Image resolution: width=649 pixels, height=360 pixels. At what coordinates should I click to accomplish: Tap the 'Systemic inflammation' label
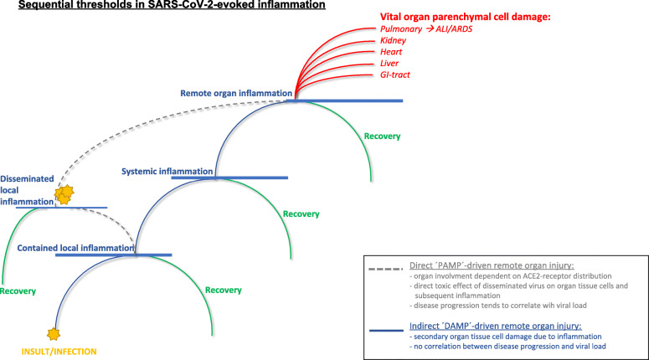(x=167, y=172)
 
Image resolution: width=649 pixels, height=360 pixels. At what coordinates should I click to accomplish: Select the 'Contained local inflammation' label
(x=75, y=249)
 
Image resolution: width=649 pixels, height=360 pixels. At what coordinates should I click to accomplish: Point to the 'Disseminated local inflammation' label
(x=27, y=187)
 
